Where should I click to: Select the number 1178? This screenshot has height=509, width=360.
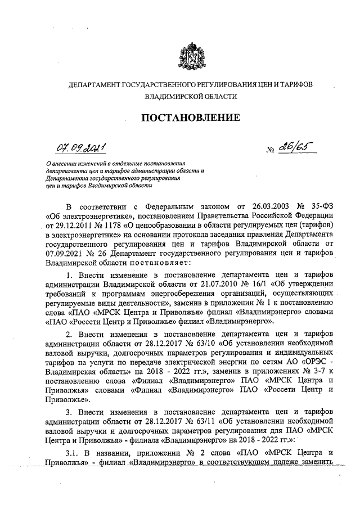[x=111, y=226]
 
